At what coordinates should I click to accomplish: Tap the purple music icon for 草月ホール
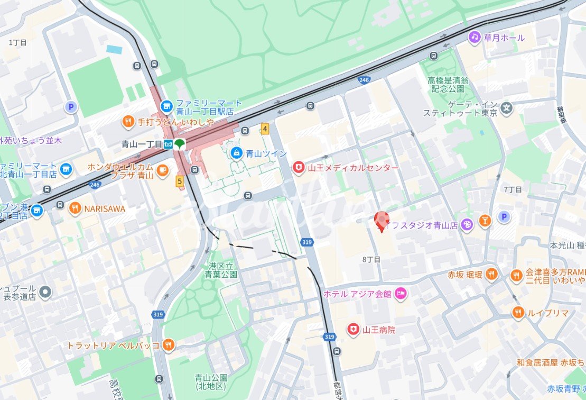[x=475, y=37]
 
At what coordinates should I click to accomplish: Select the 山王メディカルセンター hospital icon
[x=299, y=168]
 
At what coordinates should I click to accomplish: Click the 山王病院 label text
[x=379, y=330]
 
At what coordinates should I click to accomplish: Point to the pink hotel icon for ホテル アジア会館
[x=401, y=293]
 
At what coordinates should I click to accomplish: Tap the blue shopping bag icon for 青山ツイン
[x=237, y=153]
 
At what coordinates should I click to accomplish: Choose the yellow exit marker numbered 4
[x=264, y=128]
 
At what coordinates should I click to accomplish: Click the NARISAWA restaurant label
[x=104, y=209]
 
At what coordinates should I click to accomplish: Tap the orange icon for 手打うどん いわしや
[x=128, y=122]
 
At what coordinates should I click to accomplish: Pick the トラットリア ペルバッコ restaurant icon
[x=168, y=345]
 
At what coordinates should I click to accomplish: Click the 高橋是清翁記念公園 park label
[x=448, y=84]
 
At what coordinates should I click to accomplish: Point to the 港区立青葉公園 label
[x=222, y=270]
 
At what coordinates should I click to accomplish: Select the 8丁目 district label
[x=371, y=259]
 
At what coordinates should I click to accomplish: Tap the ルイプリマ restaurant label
[x=547, y=313]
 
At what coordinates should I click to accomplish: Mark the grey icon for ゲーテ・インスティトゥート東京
[x=506, y=108]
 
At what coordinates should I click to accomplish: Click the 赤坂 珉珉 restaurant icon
[x=491, y=274]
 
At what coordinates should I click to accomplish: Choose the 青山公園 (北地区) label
[x=211, y=382]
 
